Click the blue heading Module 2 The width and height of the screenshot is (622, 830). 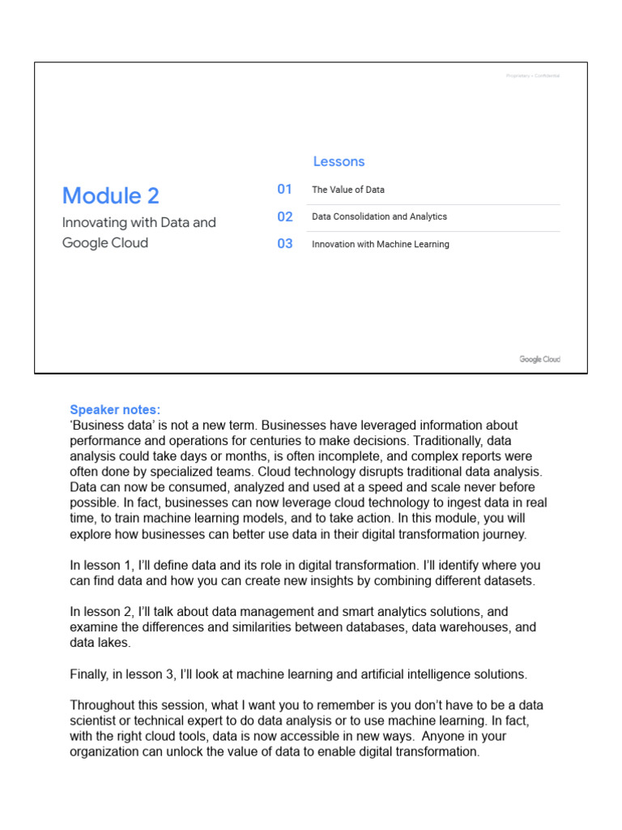(111, 195)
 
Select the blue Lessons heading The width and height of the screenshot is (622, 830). (339, 161)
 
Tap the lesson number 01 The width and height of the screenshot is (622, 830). (284, 189)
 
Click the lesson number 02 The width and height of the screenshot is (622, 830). (285, 216)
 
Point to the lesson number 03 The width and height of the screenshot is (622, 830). (285, 244)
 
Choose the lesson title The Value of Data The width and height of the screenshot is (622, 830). (348, 190)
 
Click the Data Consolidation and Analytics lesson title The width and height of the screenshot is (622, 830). (379, 217)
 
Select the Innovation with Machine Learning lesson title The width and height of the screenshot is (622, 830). (381, 244)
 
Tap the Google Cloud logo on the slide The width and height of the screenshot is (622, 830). (539, 359)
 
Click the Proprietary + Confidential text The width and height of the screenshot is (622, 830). (531, 76)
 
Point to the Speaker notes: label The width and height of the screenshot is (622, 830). (115, 409)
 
